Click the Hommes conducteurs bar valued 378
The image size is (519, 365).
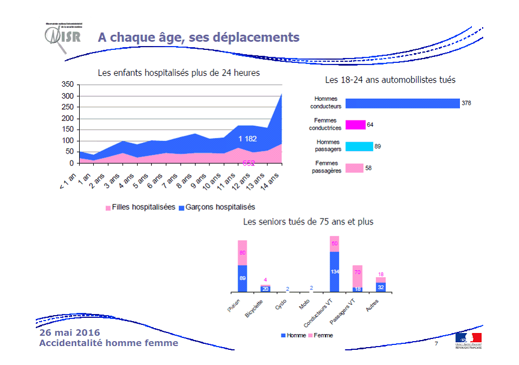tap(402, 104)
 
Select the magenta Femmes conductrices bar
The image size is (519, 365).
tap(356, 125)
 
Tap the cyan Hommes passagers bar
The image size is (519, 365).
tap(359, 146)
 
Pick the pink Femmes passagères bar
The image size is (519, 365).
tap(354, 168)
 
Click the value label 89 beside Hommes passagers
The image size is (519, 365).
tap(378, 146)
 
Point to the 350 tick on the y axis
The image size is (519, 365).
tap(67, 85)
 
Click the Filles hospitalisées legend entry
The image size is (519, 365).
tap(140, 207)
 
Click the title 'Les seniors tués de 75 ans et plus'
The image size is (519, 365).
tap(308, 222)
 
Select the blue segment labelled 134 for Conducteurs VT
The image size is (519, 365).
tap(335, 272)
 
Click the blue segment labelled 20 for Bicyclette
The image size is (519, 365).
tap(265, 289)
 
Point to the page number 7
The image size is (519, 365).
tap(436, 344)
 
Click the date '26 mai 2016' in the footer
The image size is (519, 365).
tap(69, 332)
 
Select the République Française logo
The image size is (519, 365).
tap(468, 340)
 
